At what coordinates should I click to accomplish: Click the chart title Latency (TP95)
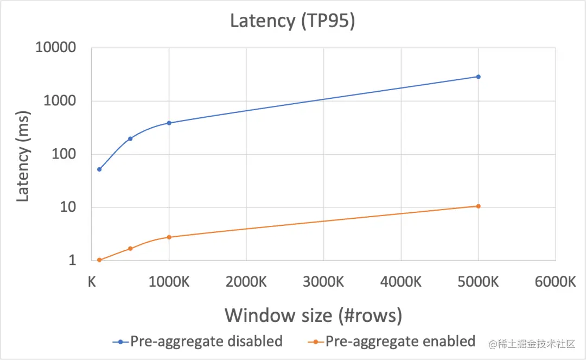[292, 21]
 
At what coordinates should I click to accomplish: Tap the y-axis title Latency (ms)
[22, 156]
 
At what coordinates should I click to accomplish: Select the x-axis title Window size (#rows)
[314, 315]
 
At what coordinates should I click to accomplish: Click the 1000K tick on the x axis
[169, 282]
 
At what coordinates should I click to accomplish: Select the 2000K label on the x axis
[246, 282]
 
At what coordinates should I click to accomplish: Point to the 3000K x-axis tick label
[323, 282]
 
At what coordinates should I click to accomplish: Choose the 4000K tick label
[400, 282]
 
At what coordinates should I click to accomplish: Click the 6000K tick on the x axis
[555, 282]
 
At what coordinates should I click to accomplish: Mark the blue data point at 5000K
[478, 77]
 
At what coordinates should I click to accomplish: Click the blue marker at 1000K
[169, 123]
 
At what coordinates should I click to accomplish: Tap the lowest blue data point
[99, 169]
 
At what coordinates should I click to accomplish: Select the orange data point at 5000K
[478, 206]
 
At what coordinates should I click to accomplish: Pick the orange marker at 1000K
[169, 237]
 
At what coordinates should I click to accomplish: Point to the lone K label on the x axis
[92, 282]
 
